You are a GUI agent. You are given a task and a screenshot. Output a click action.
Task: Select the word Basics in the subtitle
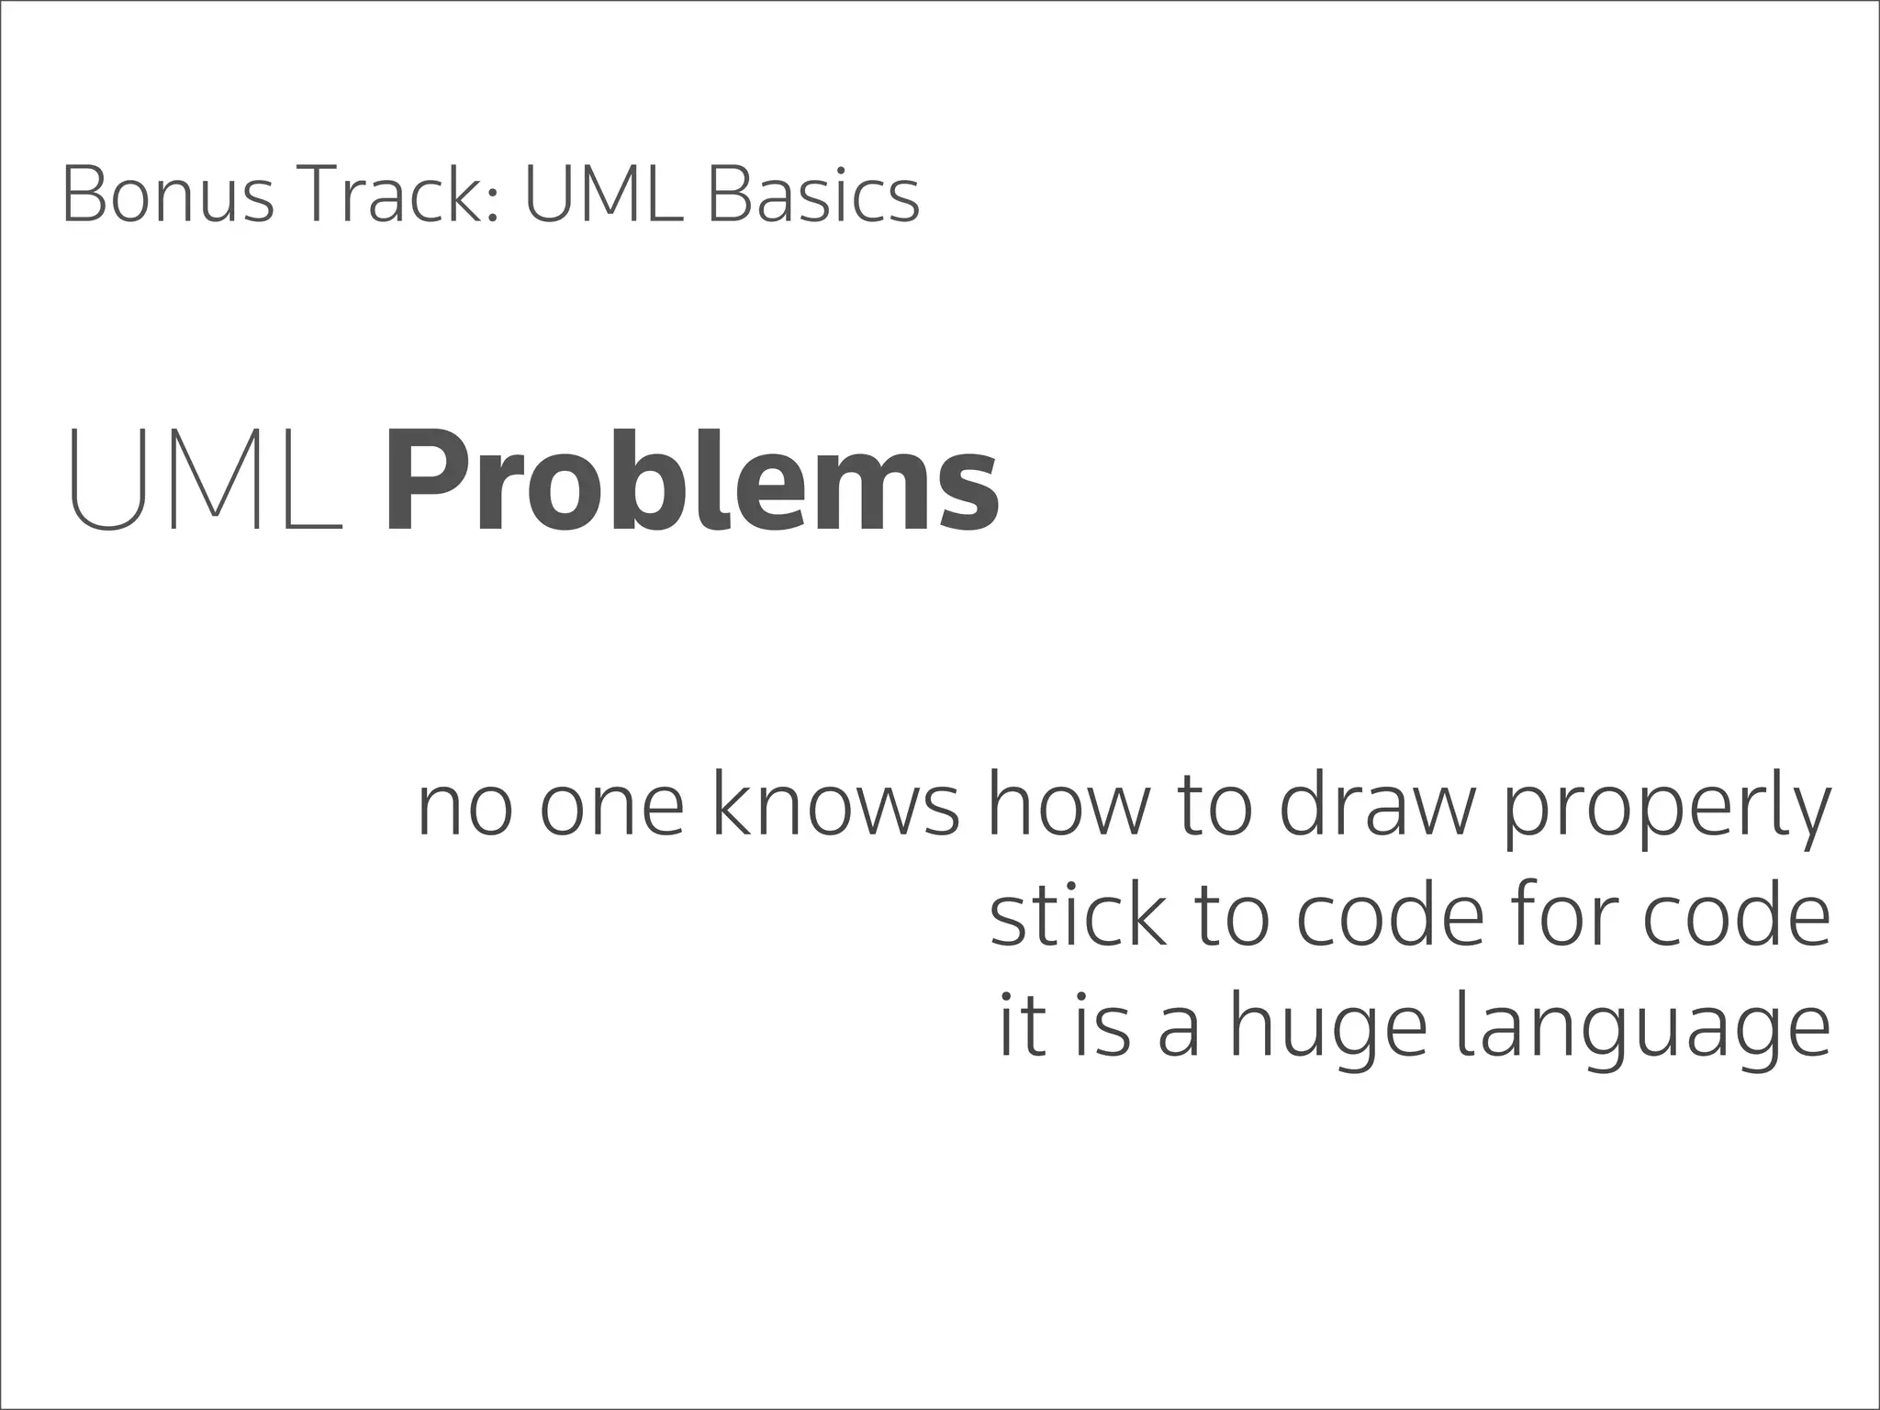click(x=812, y=196)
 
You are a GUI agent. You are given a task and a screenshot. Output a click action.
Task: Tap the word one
click(x=611, y=808)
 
